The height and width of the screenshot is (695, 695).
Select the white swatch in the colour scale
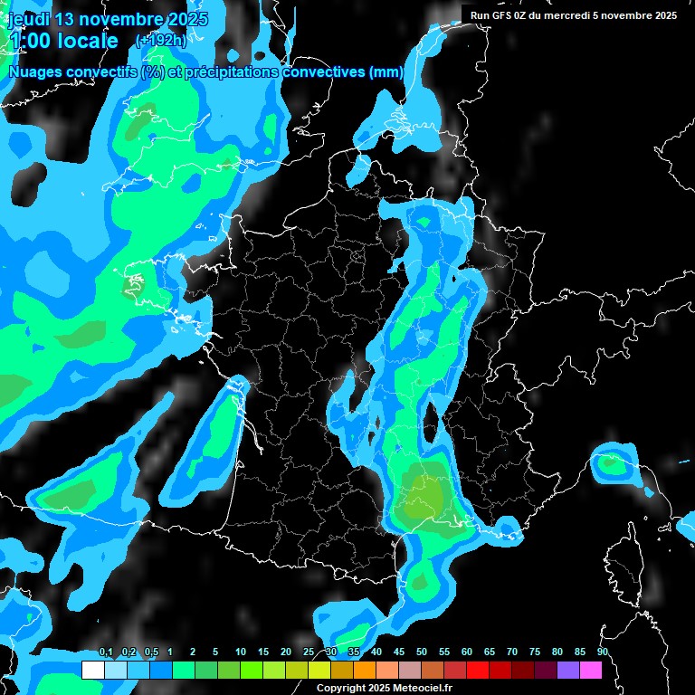(92, 670)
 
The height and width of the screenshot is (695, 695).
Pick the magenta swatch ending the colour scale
(591, 670)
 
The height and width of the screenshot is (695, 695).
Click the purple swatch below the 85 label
(568, 670)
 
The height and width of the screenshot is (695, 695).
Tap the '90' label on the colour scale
(603, 652)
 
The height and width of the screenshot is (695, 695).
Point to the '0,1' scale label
(106, 652)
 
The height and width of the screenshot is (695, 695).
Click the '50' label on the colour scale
(422, 652)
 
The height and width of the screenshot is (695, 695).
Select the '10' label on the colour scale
(241, 652)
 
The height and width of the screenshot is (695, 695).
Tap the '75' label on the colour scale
(535, 652)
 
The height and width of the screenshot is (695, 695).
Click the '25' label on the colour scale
(309, 652)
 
